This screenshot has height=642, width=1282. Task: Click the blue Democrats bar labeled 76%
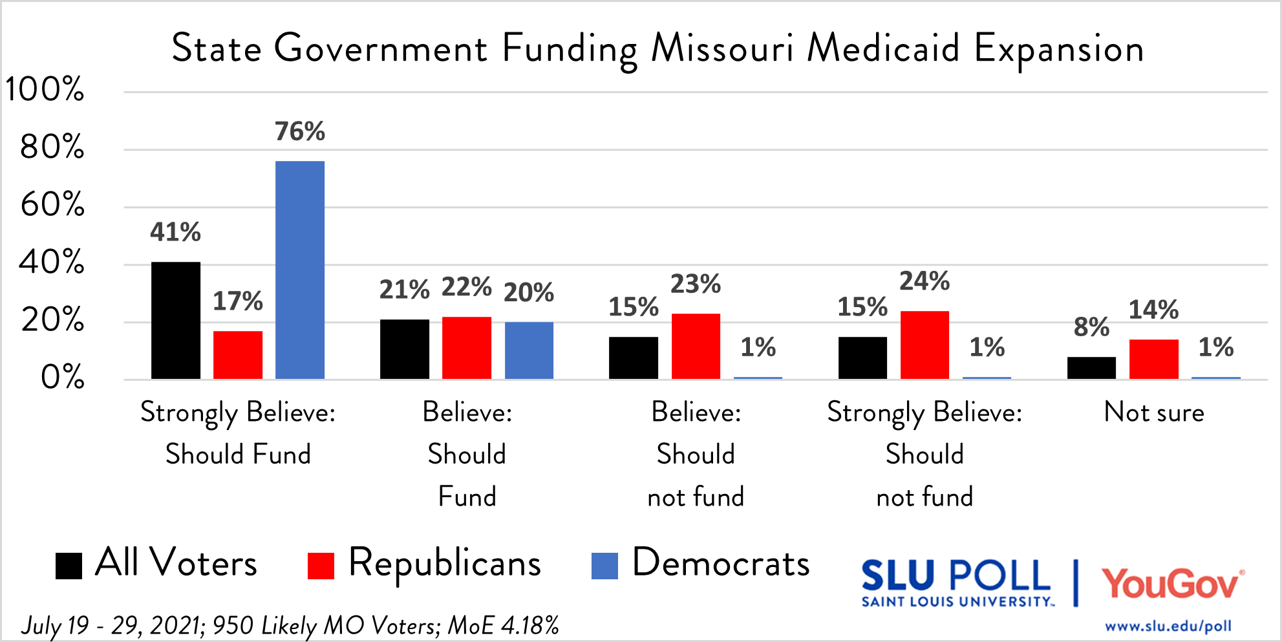point(300,270)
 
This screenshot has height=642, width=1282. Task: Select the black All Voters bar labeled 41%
point(176,320)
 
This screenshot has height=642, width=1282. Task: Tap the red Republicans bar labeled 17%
point(238,354)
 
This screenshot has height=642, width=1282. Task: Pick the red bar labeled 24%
point(924,345)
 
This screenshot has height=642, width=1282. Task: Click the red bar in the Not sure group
point(1153,359)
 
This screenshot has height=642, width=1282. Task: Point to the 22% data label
point(466,287)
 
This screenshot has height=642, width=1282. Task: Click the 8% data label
point(1091,327)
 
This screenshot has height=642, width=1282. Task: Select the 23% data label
point(695,284)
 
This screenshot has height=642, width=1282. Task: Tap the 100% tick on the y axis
point(45,89)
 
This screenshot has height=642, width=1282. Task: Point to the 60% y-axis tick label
point(52,205)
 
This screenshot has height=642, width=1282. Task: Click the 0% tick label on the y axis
point(62,377)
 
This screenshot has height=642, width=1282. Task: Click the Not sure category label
point(1154,412)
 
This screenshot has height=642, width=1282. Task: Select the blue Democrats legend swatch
point(604,566)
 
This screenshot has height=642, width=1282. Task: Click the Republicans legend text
point(444,563)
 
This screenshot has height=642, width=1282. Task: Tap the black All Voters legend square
point(69,566)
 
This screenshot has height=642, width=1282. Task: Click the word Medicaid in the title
point(883,48)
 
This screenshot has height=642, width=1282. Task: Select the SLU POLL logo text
point(956,577)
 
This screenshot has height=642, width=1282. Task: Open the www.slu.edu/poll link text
point(1168,626)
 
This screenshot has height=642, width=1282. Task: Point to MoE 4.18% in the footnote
point(504,625)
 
